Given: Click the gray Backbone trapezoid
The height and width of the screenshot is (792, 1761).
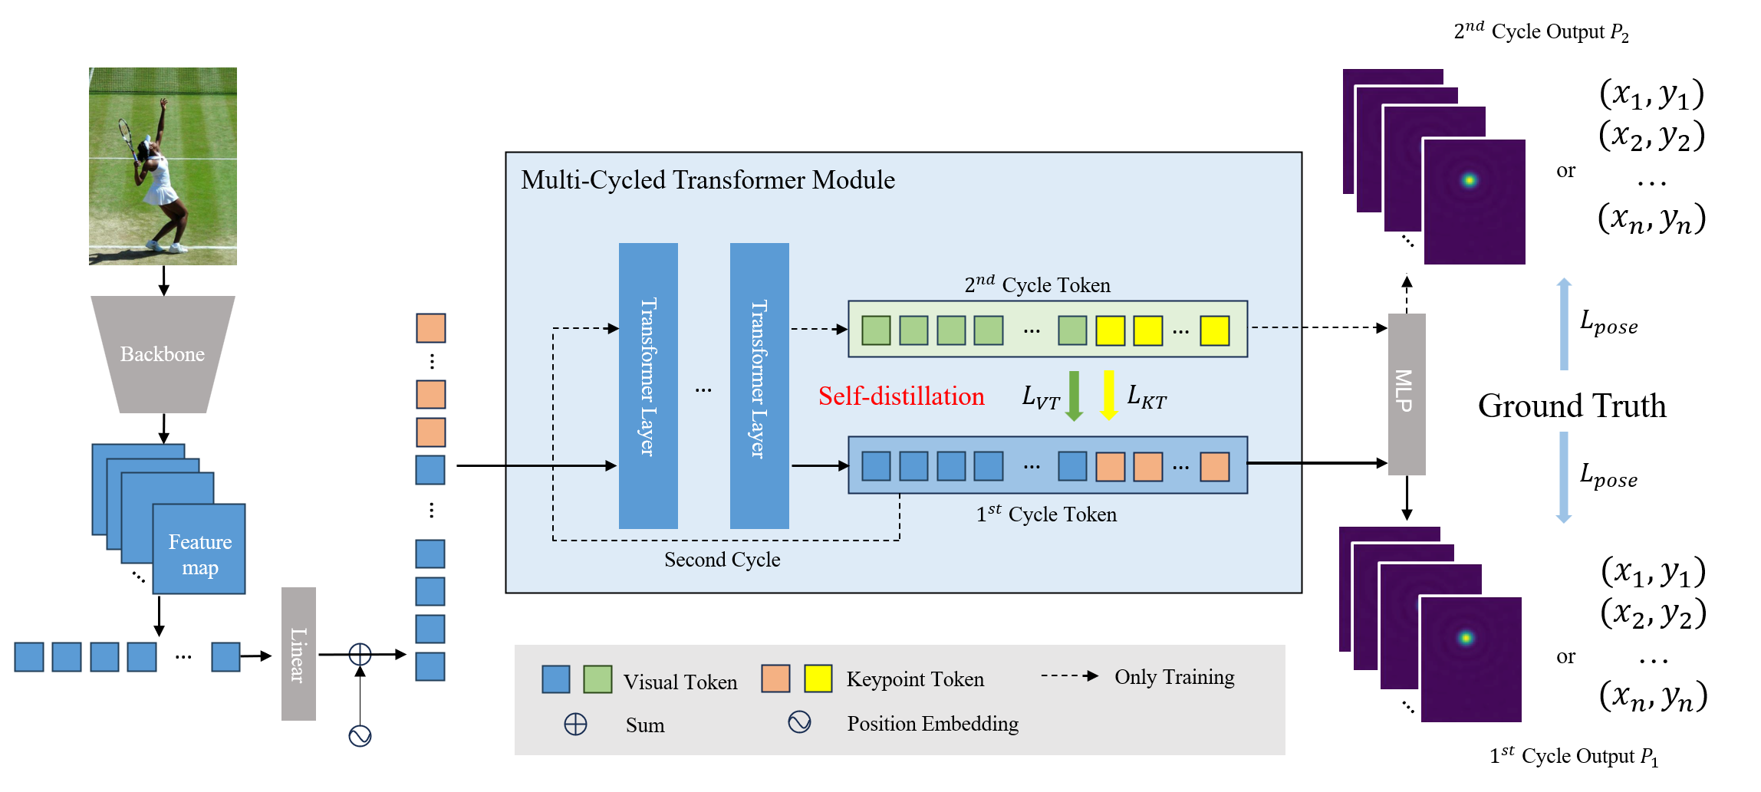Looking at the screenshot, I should click(x=163, y=353).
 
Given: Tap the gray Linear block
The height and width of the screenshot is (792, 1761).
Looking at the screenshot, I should click(x=298, y=653).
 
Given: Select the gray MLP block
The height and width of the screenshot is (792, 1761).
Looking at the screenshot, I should click(x=1406, y=393).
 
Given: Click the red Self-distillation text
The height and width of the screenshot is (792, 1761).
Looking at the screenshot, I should click(x=900, y=396).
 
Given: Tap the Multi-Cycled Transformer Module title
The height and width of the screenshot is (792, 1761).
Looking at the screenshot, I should click(x=707, y=180).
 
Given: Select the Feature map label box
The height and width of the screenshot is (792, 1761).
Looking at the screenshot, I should click(x=199, y=550).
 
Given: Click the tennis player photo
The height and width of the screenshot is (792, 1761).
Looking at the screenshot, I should click(x=163, y=166).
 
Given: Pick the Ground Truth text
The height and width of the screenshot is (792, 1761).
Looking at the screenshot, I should click(x=1572, y=406).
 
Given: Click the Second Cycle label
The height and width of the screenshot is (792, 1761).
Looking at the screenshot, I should click(x=722, y=560).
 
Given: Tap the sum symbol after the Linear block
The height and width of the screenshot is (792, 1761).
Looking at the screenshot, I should click(x=360, y=654).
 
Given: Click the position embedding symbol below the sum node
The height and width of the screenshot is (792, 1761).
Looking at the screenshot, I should click(x=360, y=736).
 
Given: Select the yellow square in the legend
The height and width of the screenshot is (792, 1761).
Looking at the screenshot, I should click(x=818, y=679).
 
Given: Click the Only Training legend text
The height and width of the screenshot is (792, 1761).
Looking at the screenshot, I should click(x=1174, y=677).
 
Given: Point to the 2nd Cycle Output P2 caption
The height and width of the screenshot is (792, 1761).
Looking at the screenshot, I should click(x=1540, y=31).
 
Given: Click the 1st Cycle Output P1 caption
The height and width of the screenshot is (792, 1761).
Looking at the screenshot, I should click(x=1573, y=756).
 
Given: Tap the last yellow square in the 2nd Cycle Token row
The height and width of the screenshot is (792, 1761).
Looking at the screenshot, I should click(x=1214, y=330).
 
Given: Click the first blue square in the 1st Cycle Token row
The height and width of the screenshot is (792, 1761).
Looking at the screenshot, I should click(x=876, y=466).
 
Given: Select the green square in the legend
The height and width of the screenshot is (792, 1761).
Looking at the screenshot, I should click(x=597, y=679).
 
